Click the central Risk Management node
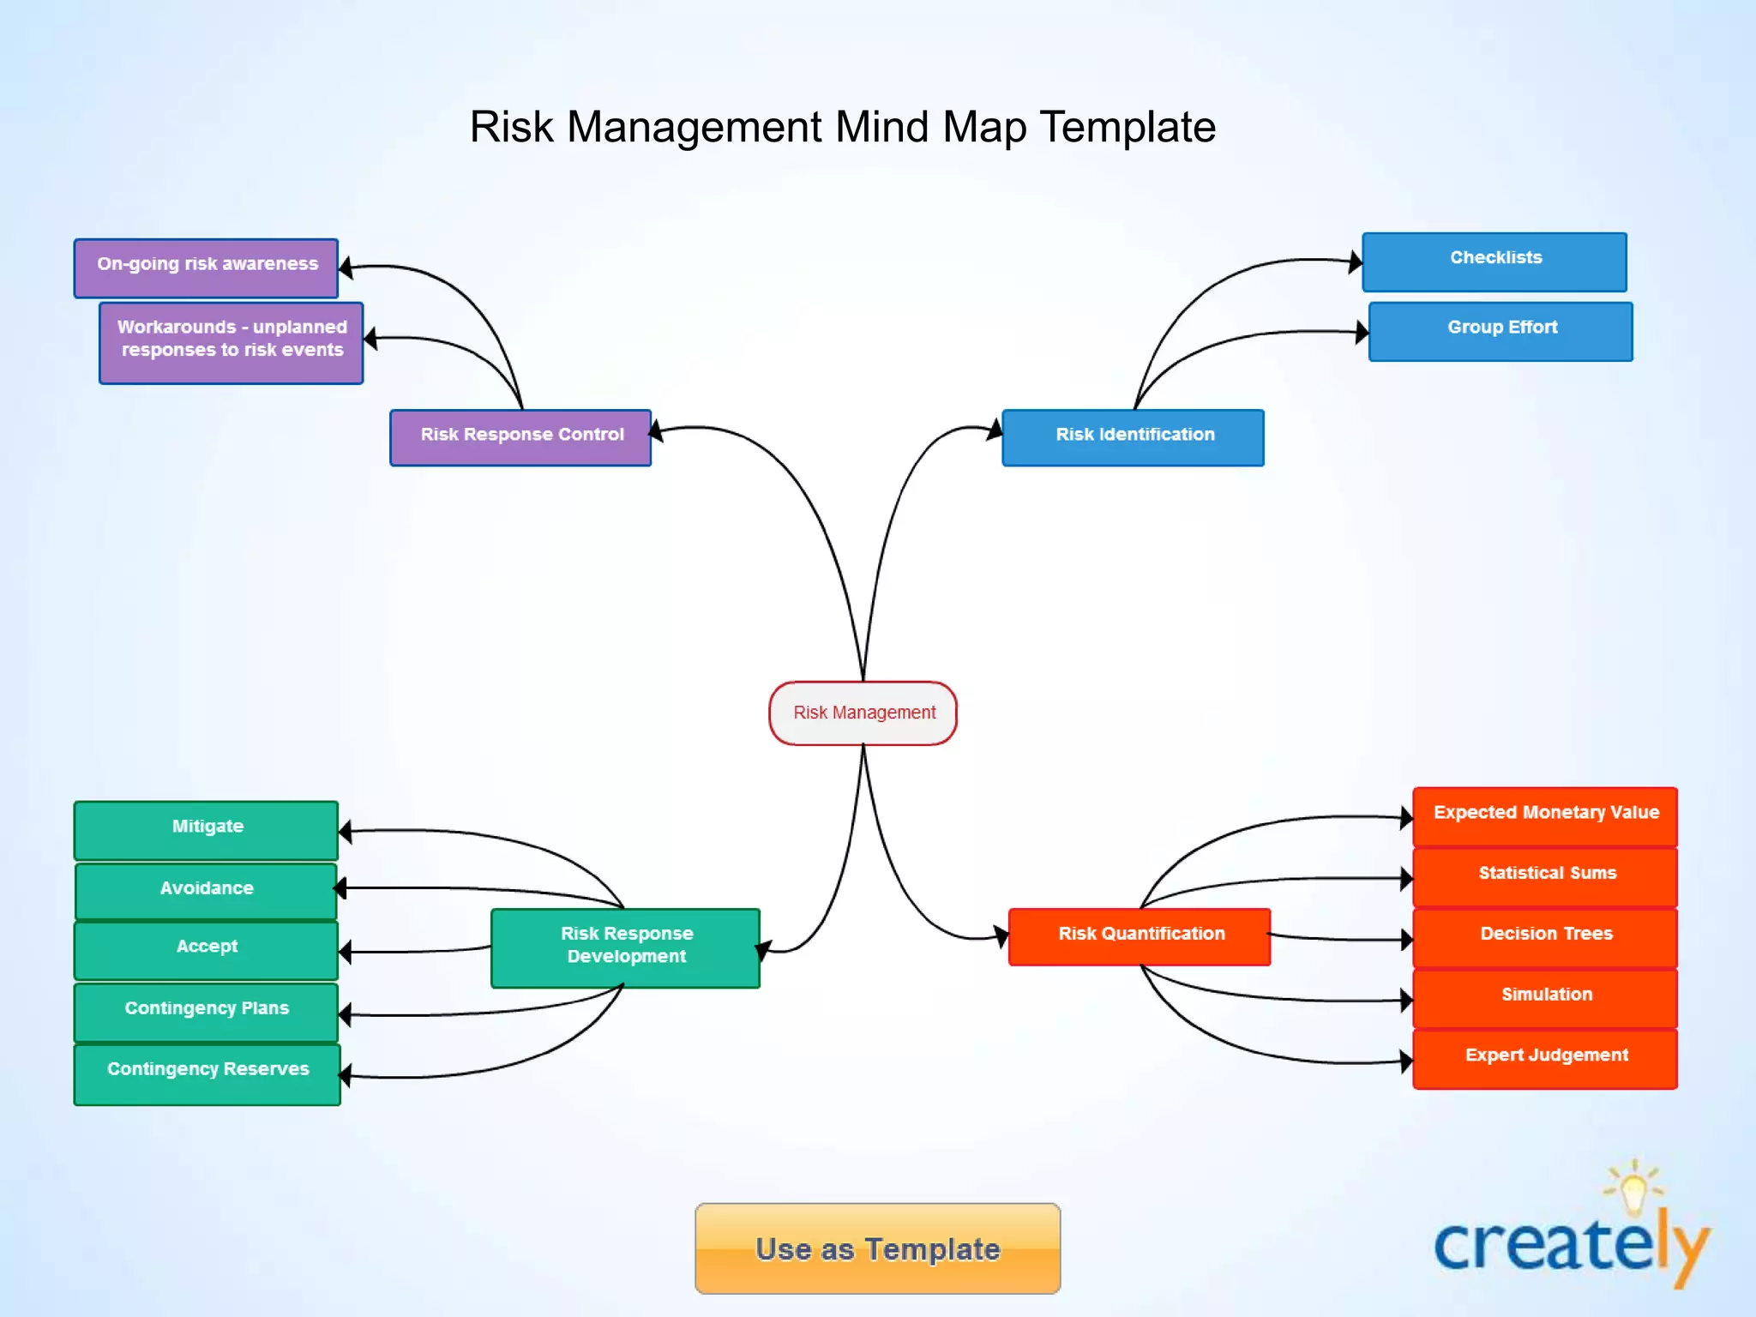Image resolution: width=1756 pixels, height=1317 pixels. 863,713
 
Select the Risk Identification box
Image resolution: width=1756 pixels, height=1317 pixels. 1133,437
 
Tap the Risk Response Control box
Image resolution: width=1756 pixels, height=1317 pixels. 520,437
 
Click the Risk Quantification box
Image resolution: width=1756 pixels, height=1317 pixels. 1140,936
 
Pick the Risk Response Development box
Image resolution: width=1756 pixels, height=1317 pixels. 625,947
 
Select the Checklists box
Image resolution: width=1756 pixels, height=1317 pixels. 1494,262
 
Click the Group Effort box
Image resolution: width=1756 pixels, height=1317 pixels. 1500,331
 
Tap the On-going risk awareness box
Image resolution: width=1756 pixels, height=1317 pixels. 206,268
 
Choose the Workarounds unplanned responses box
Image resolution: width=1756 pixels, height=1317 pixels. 231,342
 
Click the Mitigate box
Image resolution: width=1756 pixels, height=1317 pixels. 206,829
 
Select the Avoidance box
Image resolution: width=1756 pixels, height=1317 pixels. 206,891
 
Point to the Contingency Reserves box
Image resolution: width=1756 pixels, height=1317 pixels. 207,1073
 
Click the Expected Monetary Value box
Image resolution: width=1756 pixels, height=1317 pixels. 1545,815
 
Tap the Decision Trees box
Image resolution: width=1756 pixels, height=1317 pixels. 1545,937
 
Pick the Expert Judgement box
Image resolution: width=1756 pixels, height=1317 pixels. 1545,1059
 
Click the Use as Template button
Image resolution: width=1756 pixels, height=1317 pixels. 877,1248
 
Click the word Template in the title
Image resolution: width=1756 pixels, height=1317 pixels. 1128,127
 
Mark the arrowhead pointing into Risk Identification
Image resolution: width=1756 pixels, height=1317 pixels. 995,429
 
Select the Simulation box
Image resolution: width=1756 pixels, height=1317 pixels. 1545,997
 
